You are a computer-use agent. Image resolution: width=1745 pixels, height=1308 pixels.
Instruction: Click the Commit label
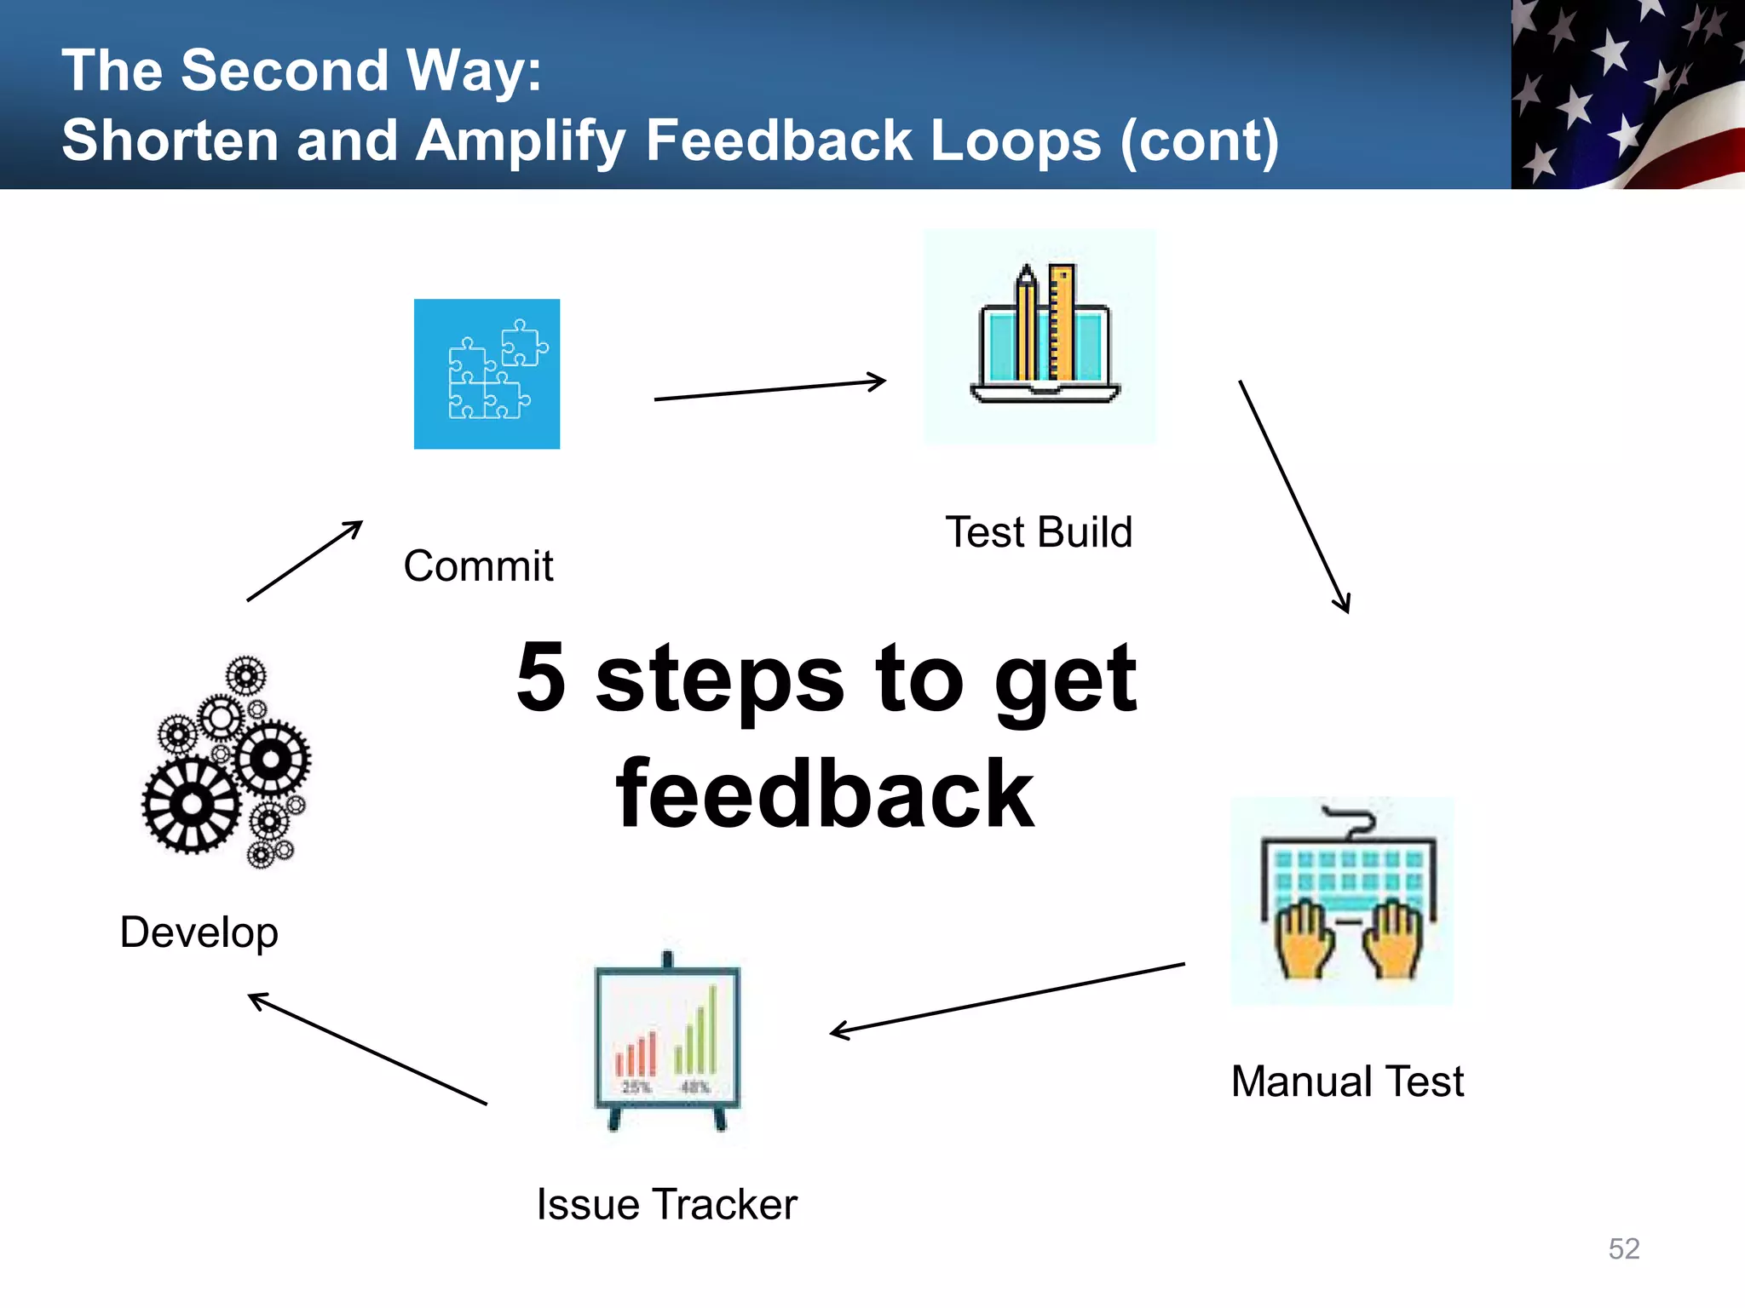point(478,566)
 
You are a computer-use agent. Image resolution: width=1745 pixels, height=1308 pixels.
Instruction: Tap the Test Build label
point(1039,532)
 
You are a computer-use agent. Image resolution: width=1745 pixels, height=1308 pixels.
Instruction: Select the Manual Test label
point(1347,1081)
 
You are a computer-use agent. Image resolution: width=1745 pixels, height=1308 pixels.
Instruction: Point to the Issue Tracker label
point(666,1204)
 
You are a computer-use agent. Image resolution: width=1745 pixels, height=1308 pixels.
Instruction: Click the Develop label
point(199,932)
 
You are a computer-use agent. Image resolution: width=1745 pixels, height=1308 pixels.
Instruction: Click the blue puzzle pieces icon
point(487,374)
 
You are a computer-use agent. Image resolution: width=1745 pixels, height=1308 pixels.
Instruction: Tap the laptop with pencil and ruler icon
point(1040,337)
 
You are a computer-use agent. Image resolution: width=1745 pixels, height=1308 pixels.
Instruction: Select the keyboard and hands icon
point(1343,901)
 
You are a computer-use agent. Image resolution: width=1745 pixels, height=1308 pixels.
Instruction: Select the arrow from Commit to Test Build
point(769,390)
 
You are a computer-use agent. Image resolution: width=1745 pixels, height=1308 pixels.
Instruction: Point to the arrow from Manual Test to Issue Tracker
point(1007,999)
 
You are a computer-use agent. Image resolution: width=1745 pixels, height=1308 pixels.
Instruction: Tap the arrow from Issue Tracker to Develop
point(367,1049)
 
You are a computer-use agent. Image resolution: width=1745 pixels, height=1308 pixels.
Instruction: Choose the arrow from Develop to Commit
point(305,560)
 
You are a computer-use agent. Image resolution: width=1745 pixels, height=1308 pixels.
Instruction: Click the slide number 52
point(1623,1248)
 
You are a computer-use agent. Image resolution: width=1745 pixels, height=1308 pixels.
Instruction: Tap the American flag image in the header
point(1627,94)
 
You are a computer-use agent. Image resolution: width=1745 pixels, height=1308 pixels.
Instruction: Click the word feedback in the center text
point(825,795)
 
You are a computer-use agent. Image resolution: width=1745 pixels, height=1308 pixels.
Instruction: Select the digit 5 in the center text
point(541,678)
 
